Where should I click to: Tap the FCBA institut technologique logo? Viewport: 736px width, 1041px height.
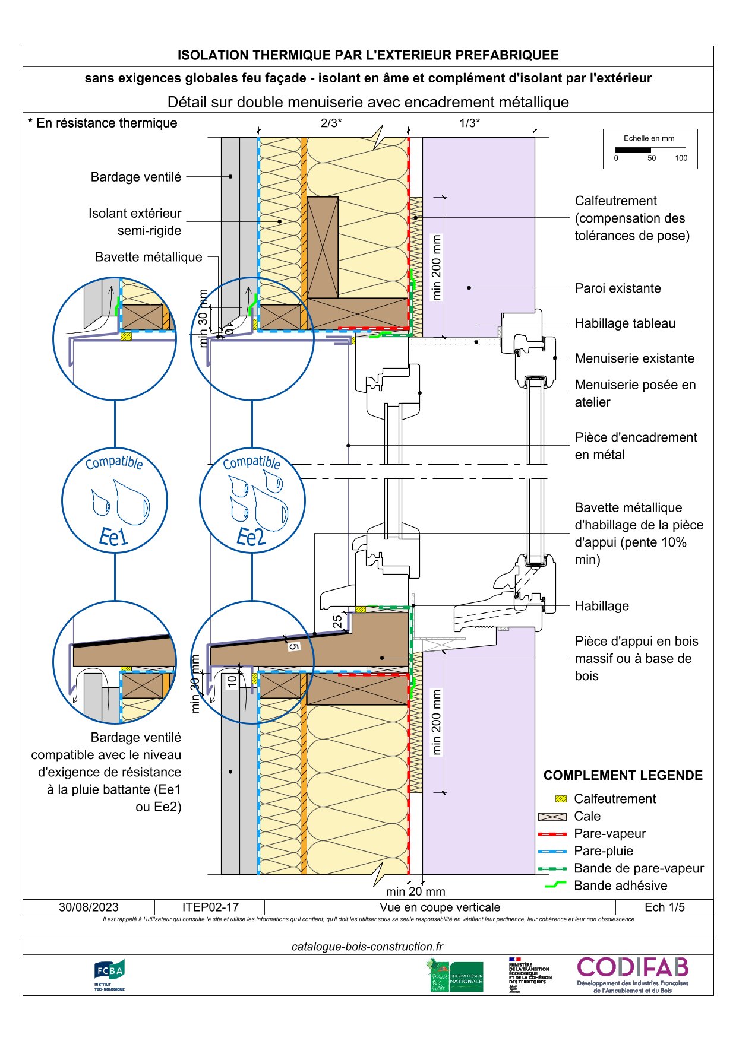109,975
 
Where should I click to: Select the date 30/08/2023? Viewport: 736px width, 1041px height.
89,907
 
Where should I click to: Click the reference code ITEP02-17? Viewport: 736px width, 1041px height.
210,907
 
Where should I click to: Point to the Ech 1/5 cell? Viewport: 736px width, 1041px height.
664,907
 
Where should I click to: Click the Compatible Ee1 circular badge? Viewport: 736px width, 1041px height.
115,500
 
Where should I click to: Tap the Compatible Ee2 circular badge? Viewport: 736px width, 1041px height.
252,500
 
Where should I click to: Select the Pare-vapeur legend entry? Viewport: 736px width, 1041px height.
609,833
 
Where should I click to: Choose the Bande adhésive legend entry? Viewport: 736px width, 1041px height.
620,886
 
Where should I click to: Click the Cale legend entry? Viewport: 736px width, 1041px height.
587,816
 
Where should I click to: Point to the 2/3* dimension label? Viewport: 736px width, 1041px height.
331,123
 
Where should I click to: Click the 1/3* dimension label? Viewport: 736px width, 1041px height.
470,123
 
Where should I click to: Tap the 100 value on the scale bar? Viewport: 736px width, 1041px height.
681,158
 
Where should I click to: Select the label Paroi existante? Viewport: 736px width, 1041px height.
618,288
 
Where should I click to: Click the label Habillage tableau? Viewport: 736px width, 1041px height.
625,323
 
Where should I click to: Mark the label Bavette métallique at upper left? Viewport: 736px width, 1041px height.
149,257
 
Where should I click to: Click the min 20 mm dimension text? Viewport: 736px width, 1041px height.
415,891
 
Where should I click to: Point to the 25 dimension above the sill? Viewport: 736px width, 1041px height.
337,621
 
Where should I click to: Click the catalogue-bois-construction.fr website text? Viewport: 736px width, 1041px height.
368,947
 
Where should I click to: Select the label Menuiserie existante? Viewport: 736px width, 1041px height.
634,358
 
